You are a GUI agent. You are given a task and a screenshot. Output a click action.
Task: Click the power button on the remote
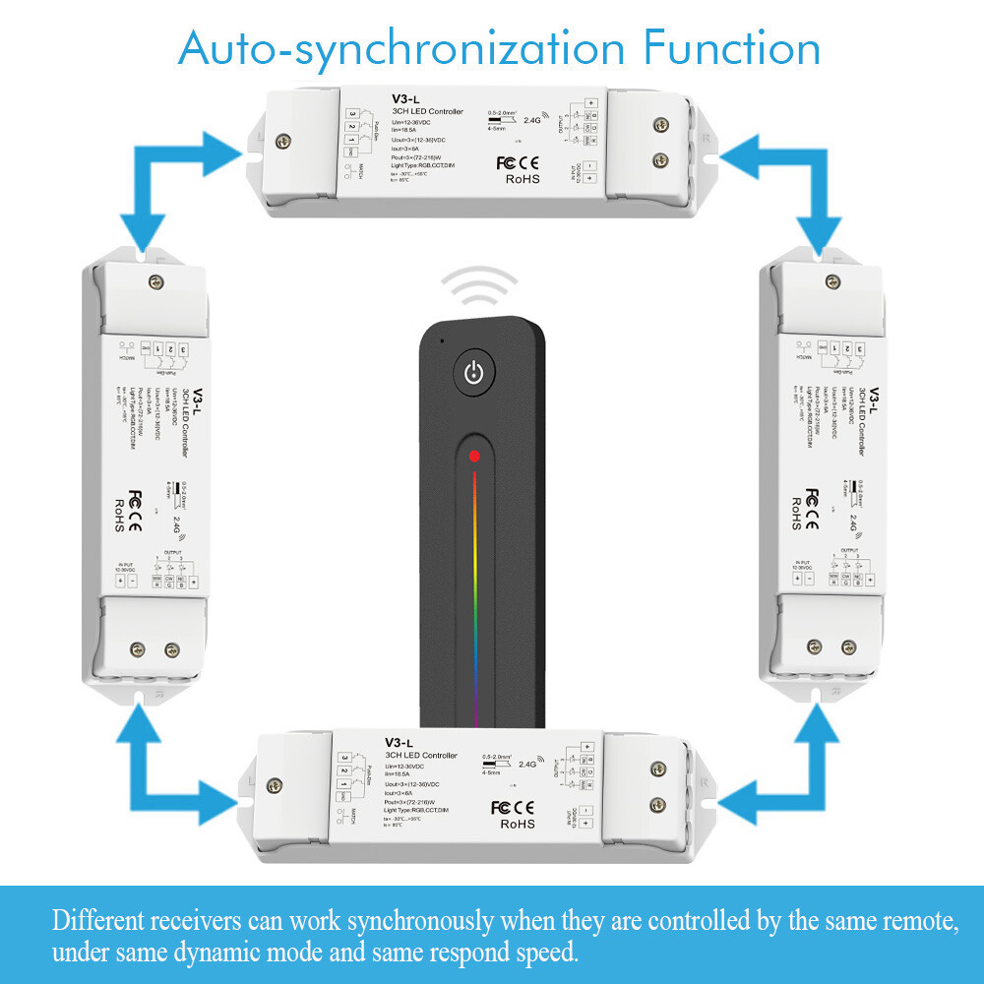click(474, 373)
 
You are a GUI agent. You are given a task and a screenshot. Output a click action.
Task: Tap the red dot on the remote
click(474, 457)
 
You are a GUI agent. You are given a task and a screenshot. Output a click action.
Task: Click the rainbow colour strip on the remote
click(475, 590)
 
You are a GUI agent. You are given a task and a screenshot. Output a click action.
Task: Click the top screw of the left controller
click(154, 283)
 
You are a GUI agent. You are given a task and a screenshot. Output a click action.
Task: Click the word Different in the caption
click(99, 922)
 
